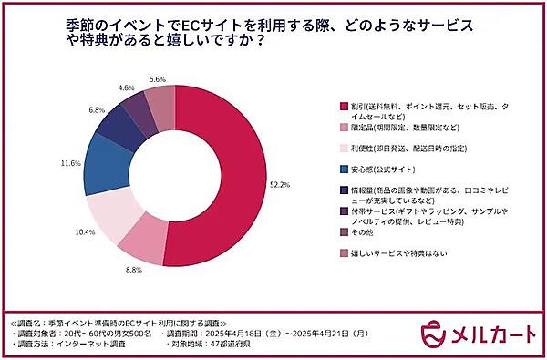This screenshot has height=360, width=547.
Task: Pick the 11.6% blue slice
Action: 100,169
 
